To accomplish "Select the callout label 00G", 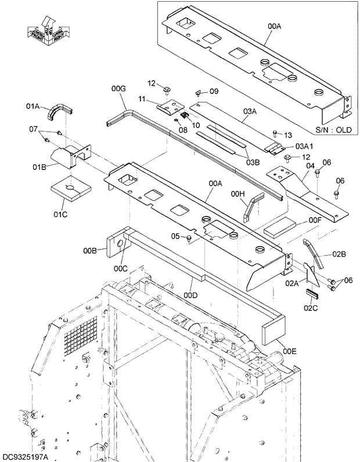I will pos(118,88).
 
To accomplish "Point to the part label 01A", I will pos(33,106).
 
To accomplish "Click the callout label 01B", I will pos(39,168).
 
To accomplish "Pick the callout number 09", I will pos(214,91).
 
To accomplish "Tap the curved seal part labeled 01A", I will pos(59,111).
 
